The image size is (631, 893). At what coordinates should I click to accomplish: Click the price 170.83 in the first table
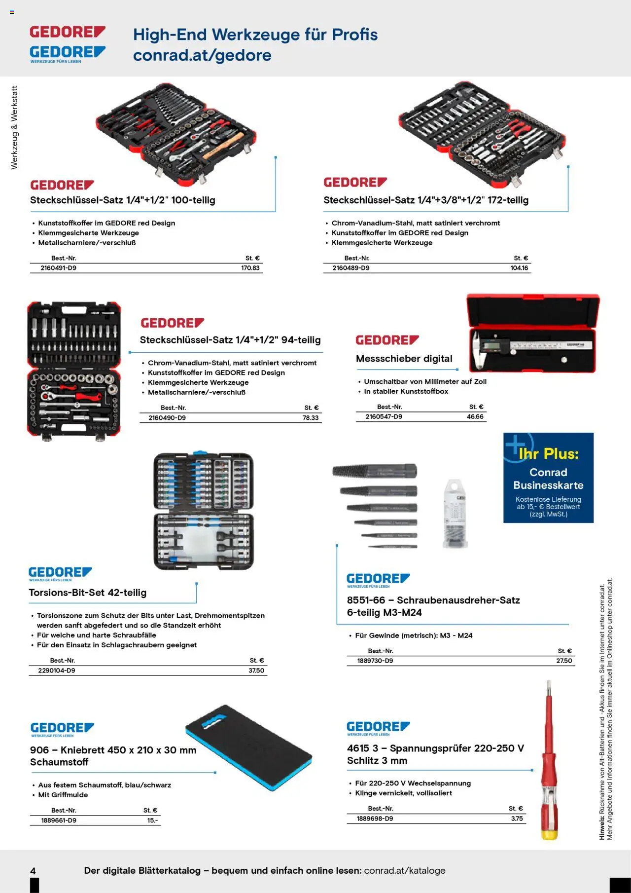click(250, 268)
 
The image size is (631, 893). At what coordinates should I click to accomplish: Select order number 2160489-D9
click(351, 268)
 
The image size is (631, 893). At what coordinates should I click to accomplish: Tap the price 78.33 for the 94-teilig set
click(311, 418)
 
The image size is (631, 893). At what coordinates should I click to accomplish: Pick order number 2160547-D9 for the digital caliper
click(384, 417)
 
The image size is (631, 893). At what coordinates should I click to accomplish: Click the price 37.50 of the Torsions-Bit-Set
click(256, 670)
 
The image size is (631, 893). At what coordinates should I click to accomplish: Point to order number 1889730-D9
click(375, 661)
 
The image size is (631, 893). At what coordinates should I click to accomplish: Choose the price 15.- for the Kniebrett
click(152, 820)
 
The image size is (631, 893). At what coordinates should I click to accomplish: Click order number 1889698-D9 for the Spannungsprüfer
click(375, 819)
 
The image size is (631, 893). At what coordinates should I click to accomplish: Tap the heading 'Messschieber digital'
click(404, 359)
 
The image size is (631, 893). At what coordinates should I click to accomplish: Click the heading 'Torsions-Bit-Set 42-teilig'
click(88, 593)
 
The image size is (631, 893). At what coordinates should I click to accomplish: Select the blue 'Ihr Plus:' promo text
click(548, 454)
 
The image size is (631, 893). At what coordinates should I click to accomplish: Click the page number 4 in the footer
click(33, 871)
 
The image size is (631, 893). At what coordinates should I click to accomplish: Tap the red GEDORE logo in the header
click(68, 32)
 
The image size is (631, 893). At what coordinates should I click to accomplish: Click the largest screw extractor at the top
click(375, 471)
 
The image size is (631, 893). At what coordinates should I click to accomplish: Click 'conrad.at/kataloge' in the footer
click(405, 871)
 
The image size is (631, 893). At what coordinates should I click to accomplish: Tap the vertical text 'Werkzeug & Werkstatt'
click(14, 127)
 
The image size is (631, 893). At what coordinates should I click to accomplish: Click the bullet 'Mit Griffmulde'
click(63, 795)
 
